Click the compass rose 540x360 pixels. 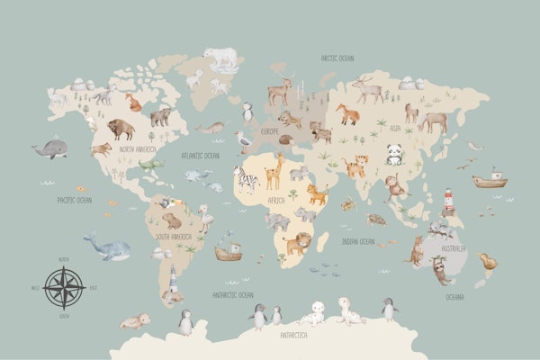coord(64,288)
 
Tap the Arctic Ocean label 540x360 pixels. coord(337,58)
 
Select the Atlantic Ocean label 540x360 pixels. coord(200,156)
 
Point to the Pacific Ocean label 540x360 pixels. coord(74,200)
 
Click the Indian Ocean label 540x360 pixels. coord(356,241)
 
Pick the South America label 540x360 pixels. coord(175,237)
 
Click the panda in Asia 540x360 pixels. coord(393,154)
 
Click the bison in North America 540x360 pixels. coord(120,128)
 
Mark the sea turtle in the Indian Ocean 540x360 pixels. coord(377,218)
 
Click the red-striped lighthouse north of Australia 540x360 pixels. coord(447,200)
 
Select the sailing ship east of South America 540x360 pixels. coord(228,249)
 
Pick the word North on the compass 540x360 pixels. coord(63,259)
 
